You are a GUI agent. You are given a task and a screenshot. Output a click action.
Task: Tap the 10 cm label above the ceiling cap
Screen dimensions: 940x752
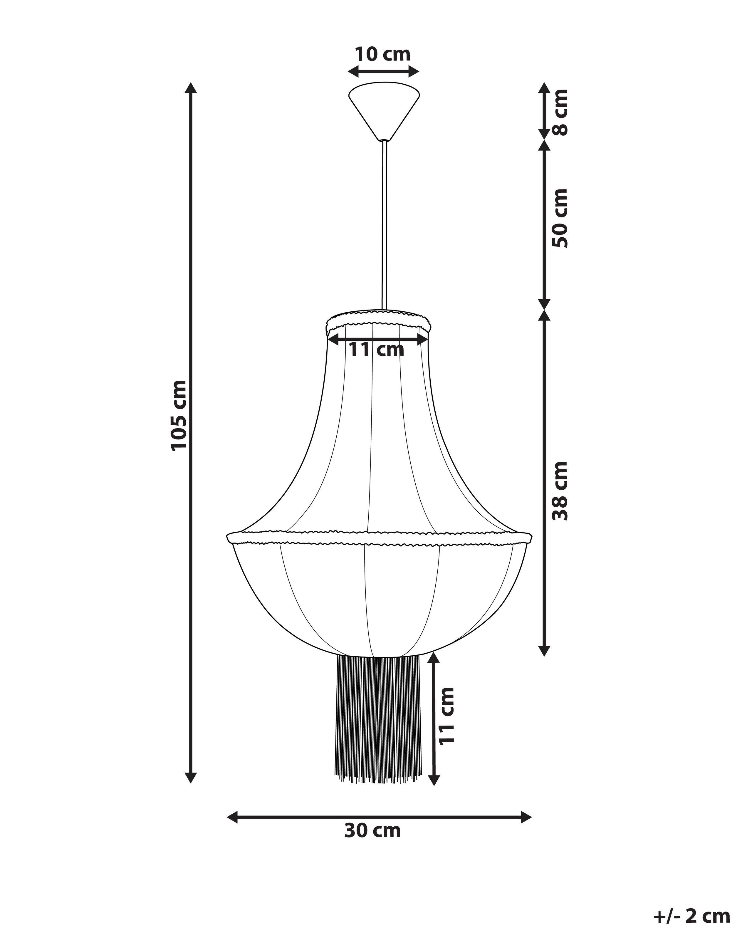382,55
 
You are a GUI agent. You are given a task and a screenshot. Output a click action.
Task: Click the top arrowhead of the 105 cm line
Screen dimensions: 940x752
191,88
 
